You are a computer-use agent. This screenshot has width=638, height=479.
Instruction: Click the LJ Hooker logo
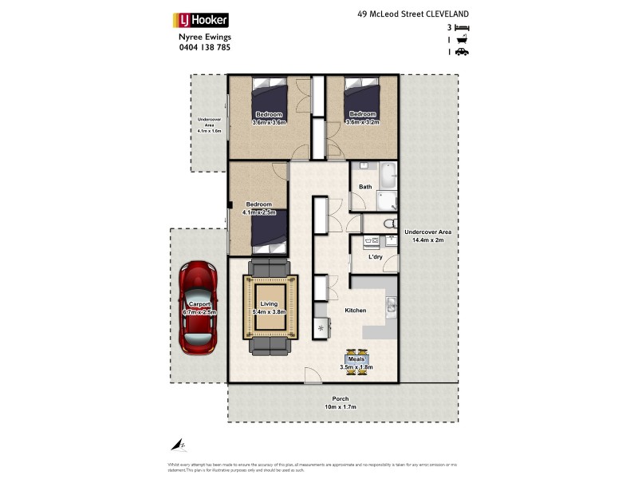[201, 21]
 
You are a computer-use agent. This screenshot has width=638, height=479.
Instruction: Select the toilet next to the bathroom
[388, 224]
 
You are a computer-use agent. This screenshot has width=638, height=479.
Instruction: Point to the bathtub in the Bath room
[388, 175]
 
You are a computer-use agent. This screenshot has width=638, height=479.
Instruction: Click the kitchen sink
[390, 303]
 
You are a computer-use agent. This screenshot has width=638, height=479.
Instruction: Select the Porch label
[341, 399]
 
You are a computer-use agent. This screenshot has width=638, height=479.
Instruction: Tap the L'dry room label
[376, 258]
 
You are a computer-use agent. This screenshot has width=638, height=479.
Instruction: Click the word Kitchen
[355, 310]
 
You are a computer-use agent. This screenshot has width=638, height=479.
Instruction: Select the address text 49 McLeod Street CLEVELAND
[412, 14]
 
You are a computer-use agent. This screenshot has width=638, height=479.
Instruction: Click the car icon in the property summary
[462, 52]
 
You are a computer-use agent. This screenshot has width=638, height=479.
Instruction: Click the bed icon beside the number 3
[462, 28]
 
